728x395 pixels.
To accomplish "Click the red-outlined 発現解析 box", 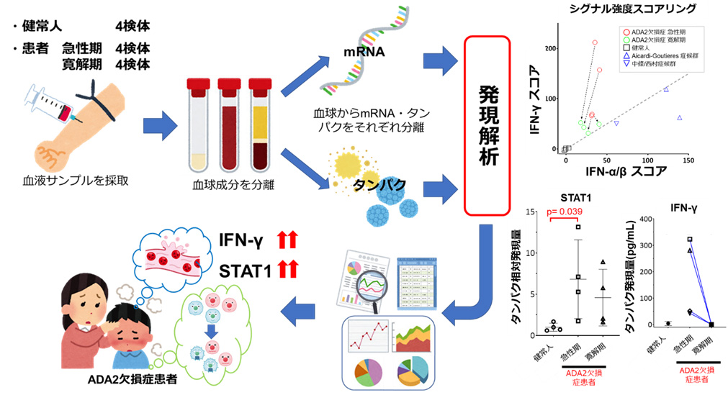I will pyautogui.click(x=490, y=126).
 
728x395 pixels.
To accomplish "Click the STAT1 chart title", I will pyautogui.click(x=576, y=195).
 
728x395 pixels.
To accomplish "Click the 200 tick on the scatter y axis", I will pyautogui.click(x=552, y=48).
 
